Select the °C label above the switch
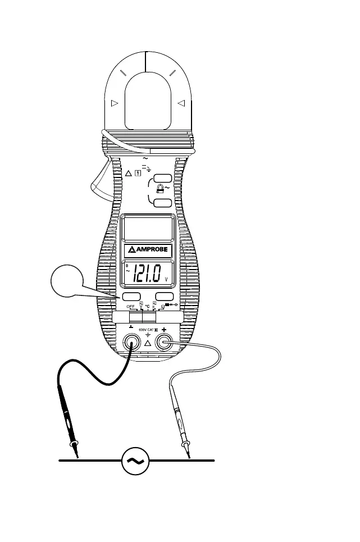pos(148,307)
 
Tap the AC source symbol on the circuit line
pos(135,461)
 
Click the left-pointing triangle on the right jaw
pos(181,103)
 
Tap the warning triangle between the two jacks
pos(148,343)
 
